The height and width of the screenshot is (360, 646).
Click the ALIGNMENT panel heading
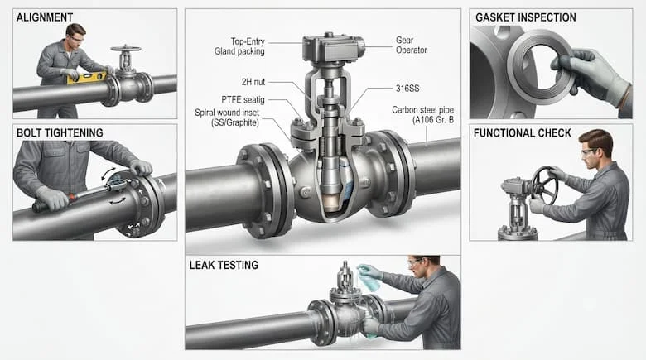(x=45, y=17)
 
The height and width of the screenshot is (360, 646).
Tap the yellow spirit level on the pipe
(x=87, y=78)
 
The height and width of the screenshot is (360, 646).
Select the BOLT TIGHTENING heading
(x=60, y=132)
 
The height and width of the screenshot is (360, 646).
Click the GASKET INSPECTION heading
(x=525, y=17)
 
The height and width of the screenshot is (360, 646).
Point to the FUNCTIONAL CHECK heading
(x=522, y=133)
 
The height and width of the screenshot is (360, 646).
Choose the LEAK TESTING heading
(x=224, y=265)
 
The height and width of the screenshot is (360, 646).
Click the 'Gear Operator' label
(x=411, y=46)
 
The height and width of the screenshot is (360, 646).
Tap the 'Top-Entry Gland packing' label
(x=239, y=46)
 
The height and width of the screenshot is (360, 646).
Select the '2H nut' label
(x=253, y=82)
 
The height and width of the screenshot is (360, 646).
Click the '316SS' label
(x=407, y=89)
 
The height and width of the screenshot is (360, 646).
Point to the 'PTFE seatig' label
(x=243, y=99)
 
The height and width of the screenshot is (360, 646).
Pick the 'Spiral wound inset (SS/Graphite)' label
(x=227, y=118)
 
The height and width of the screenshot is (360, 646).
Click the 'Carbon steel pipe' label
(x=422, y=110)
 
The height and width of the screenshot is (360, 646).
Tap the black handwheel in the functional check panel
(x=544, y=185)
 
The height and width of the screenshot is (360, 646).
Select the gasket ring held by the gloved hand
(x=539, y=67)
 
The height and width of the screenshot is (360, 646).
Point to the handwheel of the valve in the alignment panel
(x=126, y=49)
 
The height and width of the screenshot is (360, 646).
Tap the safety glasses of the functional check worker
(x=588, y=152)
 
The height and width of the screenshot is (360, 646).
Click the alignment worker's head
(x=75, y=35)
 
